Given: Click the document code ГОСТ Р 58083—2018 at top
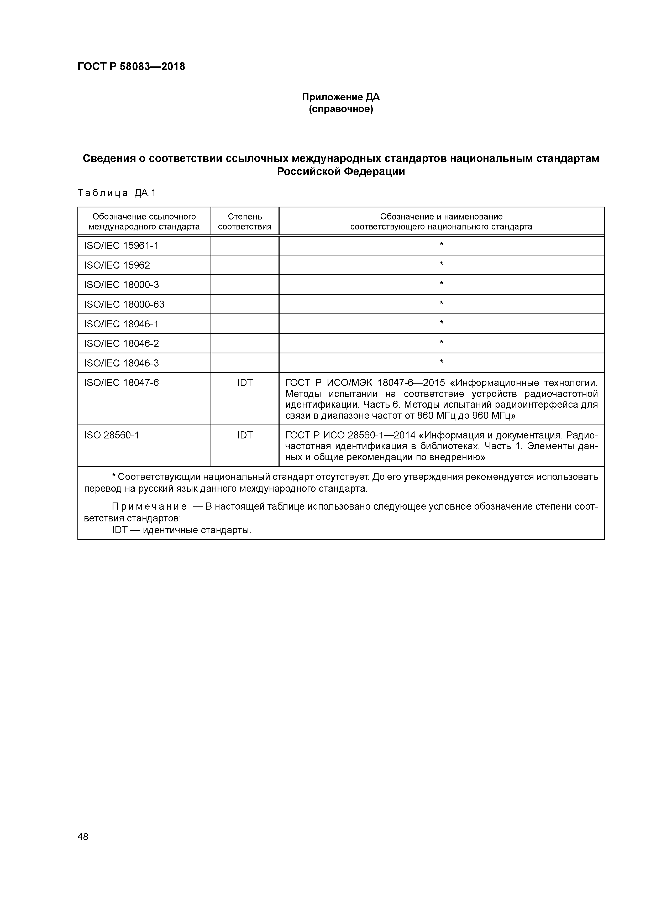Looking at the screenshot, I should pos(131,67).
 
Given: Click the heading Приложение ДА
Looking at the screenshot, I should pos(340,97).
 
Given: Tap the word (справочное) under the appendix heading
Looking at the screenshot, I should pos(340,109).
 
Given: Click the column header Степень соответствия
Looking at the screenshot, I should pos(245,221).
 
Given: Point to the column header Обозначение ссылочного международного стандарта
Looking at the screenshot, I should pos(144,221).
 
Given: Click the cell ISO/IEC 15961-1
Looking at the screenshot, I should pos(121,245).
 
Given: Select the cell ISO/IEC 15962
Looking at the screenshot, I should pos(117,265).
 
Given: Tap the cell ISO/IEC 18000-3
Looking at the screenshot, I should pos(121,285).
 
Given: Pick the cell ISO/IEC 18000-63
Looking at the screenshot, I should pos(124,305).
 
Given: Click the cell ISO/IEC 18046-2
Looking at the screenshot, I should pos(121,343).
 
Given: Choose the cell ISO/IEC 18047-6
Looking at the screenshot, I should pos(121,383).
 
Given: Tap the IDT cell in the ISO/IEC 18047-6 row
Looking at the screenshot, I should pos(245,383).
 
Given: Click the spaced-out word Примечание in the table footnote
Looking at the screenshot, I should pos(149,507).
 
